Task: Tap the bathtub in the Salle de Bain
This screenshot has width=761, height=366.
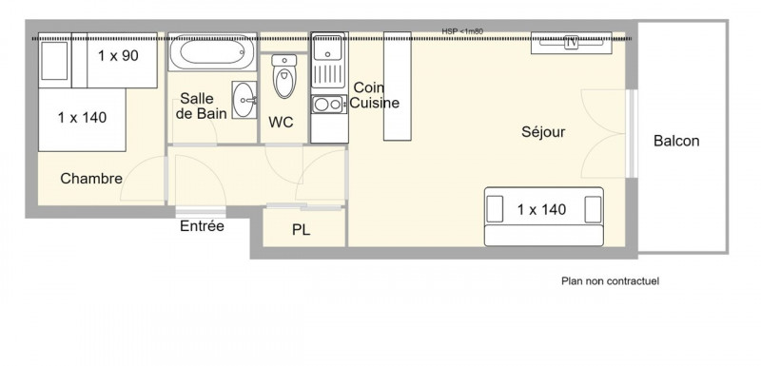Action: point(211,52)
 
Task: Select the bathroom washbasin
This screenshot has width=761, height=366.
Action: point(244,100)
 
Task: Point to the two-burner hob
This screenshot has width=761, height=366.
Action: point(328,105)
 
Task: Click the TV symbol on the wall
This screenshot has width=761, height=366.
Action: point(572,43)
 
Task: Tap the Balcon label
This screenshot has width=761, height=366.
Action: point(676,141)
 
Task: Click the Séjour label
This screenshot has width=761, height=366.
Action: point(543,132)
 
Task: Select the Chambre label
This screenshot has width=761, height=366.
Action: point(91,179)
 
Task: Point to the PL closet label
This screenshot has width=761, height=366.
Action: point(301,230)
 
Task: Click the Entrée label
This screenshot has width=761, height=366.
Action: point(202,226)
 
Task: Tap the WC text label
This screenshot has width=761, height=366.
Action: point(281,123)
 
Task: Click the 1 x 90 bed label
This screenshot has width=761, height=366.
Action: point(118,56)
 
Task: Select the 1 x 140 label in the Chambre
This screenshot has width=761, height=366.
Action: point(82,117)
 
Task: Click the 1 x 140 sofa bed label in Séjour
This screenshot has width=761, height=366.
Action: point(541,209)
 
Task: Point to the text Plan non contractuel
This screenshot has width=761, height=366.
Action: point(610,281)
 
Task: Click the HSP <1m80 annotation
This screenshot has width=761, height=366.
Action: point(462,31)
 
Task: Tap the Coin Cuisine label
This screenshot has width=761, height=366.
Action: point(374,95)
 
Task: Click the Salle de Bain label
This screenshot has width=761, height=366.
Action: point(201,106)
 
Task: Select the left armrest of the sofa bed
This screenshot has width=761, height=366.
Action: point(495,209)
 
